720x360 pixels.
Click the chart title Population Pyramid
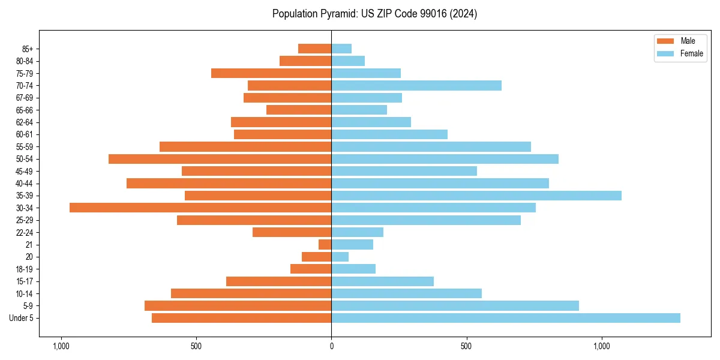point(374,14)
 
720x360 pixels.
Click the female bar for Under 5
point(506,318)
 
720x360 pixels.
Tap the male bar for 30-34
point(200,208)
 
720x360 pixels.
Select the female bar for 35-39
point(476,196)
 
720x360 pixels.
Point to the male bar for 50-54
point(220,159)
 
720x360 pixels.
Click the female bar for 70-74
point(416,85)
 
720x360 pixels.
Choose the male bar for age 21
point(325,245)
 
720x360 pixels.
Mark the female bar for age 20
point(340,257)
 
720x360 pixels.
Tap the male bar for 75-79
point(271,73)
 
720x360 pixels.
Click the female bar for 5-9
point(455,306)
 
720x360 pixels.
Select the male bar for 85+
point(315,49)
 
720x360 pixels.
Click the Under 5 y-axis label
point(22,318)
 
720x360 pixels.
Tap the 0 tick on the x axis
point(331,346)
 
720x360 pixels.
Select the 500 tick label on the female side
point(466,346)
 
